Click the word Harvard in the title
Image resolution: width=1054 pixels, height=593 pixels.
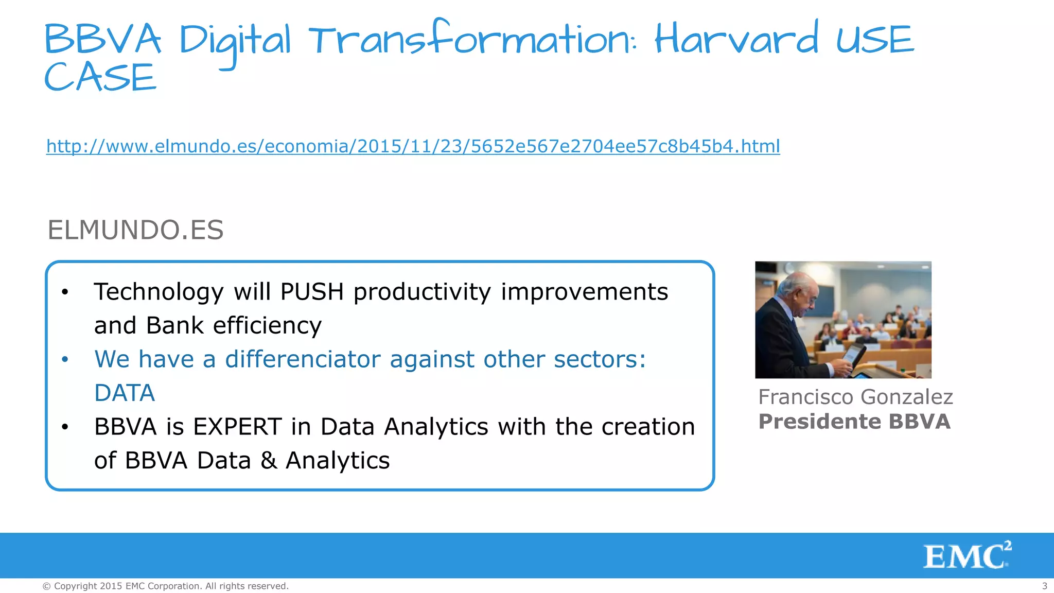tap(736, 40)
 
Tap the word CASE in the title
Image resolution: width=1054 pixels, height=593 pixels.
tap(100, 78)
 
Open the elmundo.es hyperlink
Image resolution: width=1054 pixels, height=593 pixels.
tap(413, 146)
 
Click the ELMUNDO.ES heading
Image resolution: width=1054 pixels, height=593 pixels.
tap(135, 230)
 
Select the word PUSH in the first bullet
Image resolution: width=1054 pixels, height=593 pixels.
tap(312, 292)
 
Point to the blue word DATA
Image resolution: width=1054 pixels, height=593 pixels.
tap(125, 393)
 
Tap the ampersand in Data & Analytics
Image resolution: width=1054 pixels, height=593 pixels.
tap(269, 460)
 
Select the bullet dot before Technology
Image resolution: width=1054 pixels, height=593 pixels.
tap(64, 292)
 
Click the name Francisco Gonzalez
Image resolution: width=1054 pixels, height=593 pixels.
tap(855, 397)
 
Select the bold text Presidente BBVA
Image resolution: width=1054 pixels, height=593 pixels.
tap(854, 422)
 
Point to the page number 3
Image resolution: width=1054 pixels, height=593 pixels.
tap(1044, 586)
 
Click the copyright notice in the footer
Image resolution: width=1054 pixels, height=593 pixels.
tap(165, 586)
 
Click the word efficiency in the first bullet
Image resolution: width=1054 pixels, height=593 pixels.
tap(267, 325)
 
